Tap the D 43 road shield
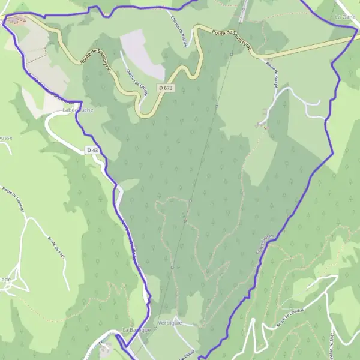[x=92, y=149]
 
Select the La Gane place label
[x=346, y=17]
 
